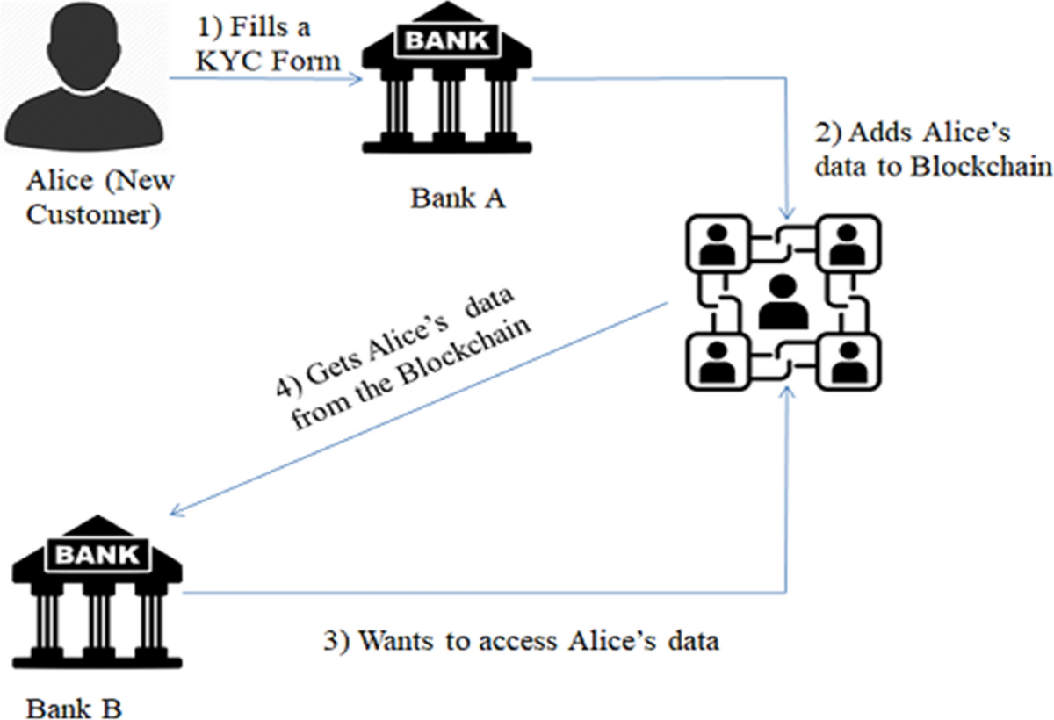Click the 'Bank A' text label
pos(458,199)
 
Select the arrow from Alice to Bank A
pos(263,80)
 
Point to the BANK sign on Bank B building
pos(97,554)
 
